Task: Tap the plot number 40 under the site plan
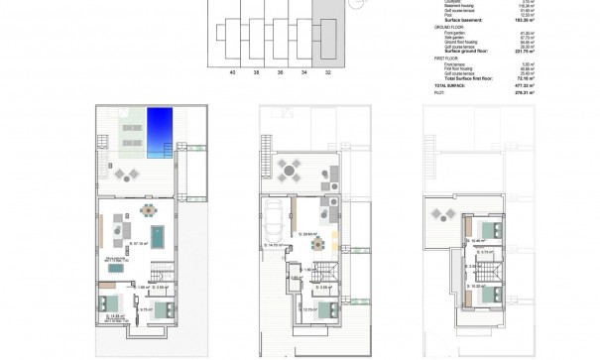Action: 231,71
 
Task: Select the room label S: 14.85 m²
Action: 111,316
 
